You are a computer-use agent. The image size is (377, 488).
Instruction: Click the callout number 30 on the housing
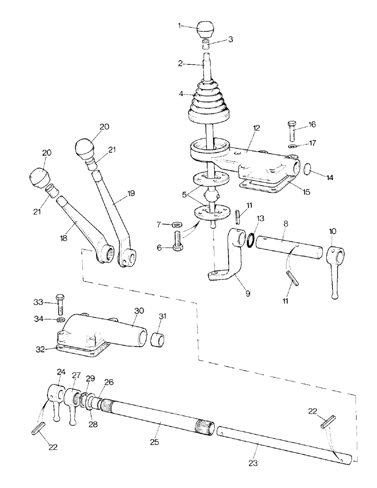[x=139, y=310]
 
